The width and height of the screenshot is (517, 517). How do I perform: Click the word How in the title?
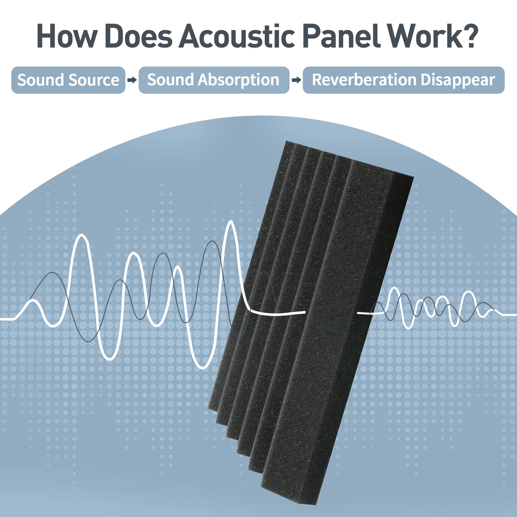tap(66, 36)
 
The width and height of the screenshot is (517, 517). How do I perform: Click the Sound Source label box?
tap(68, 80)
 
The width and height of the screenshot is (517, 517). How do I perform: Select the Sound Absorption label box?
tap(214, 80)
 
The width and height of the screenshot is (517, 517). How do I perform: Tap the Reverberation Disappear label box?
tap(403, 80)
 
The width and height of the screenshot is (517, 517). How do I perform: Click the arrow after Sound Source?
tap(132, 80)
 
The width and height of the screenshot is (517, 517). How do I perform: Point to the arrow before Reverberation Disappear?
tap(296, 80)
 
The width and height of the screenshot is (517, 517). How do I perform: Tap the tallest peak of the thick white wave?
tap(231, 222)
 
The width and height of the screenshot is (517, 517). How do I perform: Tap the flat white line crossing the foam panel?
tap(278, 313)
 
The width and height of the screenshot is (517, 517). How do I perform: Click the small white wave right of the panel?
tap(436, 309)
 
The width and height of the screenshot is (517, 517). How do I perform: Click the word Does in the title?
tap(139, 36)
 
